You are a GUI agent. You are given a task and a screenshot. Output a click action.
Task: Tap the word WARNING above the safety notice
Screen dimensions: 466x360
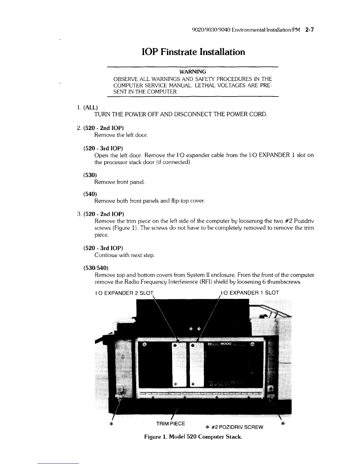click(x=193, y=72)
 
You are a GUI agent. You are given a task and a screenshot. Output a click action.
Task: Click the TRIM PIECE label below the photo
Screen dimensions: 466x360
click(x=171, y=424)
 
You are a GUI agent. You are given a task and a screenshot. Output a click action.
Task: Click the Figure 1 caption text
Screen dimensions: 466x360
click(x=193, y=437)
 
